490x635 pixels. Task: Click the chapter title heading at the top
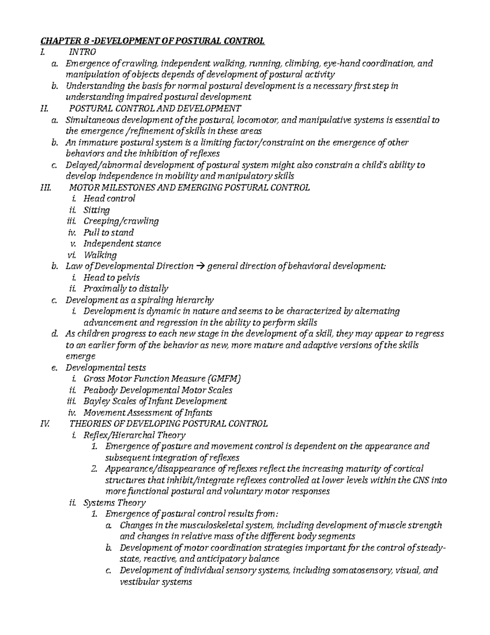click(x=152, y=41)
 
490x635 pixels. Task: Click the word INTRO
click(x=82, y=52)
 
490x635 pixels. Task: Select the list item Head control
click(x=109, y=199)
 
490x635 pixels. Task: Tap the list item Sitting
click(x=96, y=210)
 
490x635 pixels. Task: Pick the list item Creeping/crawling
click(x=121, y=221)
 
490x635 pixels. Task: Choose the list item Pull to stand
click(x=108, y=233)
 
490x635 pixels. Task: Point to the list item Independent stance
click(x=122, y=244)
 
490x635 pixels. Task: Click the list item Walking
click(x=100, y=255)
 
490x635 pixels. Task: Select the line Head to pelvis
click(x=111, y=278)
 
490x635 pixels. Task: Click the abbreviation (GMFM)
click(x=220, y=379)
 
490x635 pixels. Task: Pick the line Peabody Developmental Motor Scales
click(x=158, y=390)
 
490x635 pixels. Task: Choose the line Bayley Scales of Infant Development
click(x=155, y=402)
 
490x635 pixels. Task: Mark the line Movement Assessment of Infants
click(x=148, y=413)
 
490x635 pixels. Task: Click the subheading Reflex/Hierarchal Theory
click(x=134, y=435)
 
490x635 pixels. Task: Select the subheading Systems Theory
click(x=114, y=503)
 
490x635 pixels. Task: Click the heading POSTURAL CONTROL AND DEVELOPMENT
click(x=155, y=108)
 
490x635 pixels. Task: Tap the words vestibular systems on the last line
click(x=156, y=581)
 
